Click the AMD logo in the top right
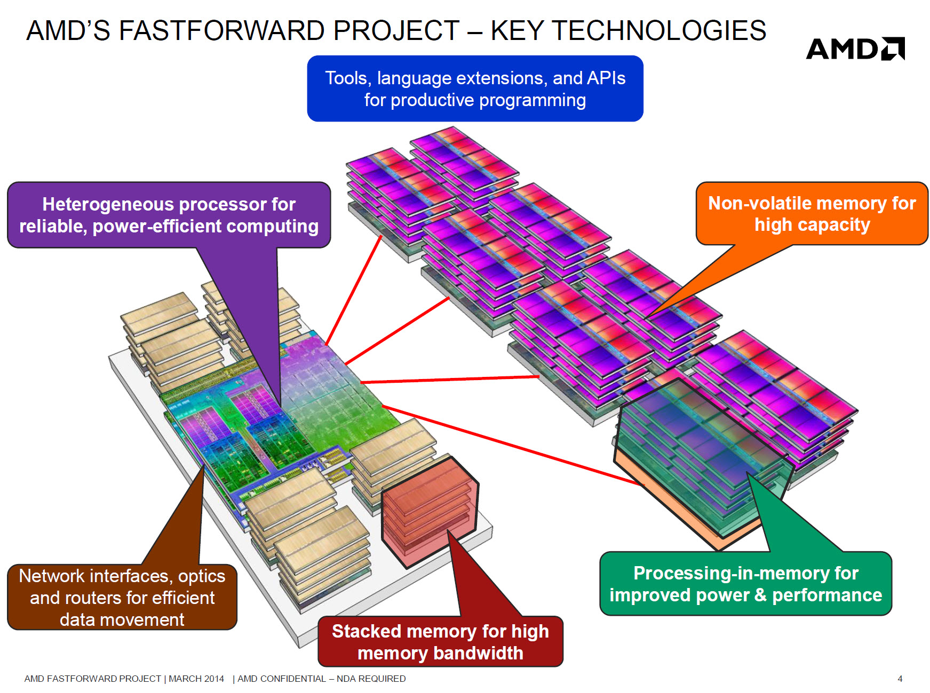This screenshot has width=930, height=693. (855, 49)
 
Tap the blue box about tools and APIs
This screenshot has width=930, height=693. (475, 88)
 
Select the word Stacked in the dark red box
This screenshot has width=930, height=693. (365, 631)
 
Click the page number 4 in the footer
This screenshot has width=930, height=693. (900, 679)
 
